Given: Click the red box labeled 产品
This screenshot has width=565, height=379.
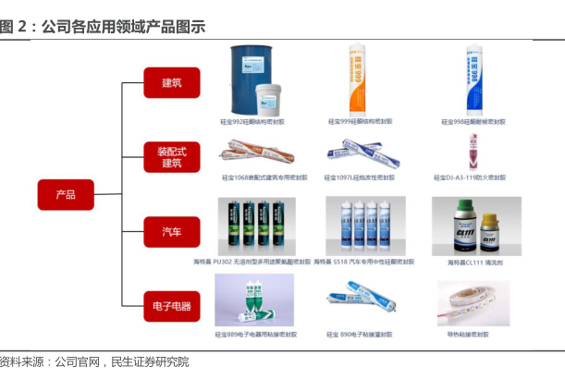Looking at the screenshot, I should point(66,194).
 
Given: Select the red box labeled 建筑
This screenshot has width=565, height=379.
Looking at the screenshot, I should point(171,82).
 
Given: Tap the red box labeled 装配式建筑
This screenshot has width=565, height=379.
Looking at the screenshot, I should point(171,156).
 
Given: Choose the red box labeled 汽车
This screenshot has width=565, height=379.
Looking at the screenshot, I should point(171,231).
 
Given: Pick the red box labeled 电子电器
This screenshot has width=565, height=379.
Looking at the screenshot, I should point(171,304).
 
